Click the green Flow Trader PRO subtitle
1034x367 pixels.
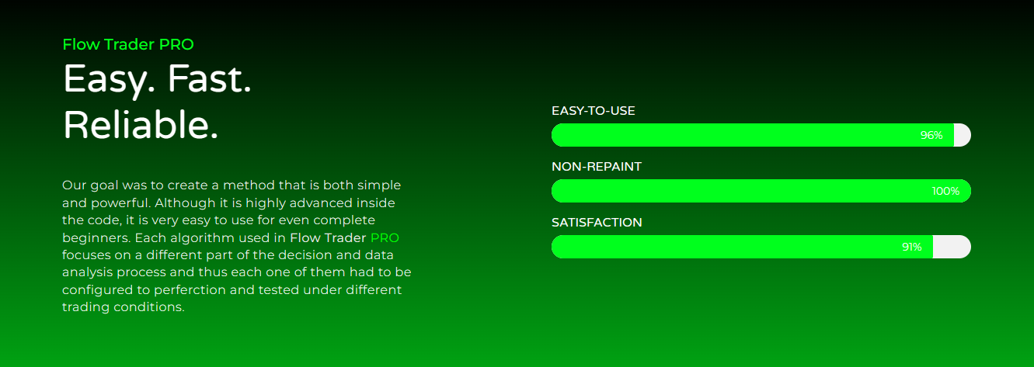pyautogui.click(x=128, y=44)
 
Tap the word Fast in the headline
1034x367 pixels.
pyautogui.click(x=210, y=79)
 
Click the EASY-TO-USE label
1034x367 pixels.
pyautogui.click(x=594, y=111)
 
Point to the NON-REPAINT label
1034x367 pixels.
pyautogui.click(x=597, y=167)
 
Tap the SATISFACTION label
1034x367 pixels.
pyautogui.click(x=597, y=222)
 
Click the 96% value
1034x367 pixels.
pyautogui.click(x=931, y=135)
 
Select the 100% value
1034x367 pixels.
pyautogui.click(x=945, y=191)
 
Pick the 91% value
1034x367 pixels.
pyautogui.click(x=912, y=247)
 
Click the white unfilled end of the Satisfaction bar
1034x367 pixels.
pyautogui.click(x=952, y=247)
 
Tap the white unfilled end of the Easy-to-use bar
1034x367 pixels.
pyautogui.click(x=963, y=135)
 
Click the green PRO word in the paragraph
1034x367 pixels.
pyautogui.click(x=385, y=238)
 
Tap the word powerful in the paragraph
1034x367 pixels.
pyautogui.click(x=121, y=203)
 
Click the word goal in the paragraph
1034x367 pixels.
pyautogui.click(x=103, y=185)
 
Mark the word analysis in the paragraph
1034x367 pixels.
pyautogui.click(x=88, y=272)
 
